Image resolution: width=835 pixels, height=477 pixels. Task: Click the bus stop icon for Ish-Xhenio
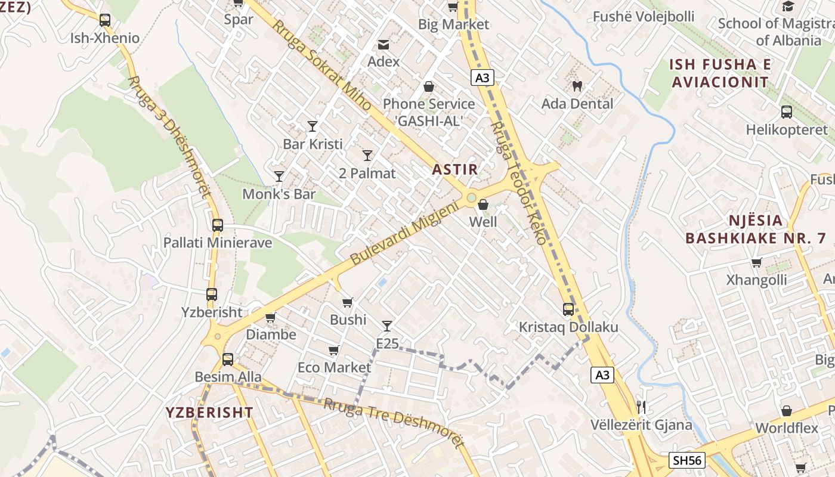click(105, 20)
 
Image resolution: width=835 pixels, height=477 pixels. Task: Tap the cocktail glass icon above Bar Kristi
click(313, 126)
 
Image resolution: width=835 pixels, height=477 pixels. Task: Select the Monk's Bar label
click(279, 194)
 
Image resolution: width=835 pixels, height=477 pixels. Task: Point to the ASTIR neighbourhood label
click(455, 169)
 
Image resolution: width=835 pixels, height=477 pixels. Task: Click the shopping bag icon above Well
click(483, 205)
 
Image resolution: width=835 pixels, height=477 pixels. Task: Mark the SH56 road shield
click(687, 460)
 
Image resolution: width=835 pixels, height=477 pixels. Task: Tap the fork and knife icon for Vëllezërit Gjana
click(641, 407)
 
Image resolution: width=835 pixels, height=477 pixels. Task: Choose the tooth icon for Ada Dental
click(577, 86)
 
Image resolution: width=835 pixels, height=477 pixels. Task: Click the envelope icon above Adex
click(383, 45)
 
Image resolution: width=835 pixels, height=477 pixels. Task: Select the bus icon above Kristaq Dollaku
click(568, 309)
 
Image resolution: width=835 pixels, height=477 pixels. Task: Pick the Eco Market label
click(334, 367)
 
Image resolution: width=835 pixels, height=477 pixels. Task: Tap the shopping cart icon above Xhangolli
click(756, 262)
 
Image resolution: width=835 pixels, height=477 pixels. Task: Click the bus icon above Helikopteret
click(787, 112)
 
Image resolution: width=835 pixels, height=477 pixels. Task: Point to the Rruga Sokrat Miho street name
click(321, 66)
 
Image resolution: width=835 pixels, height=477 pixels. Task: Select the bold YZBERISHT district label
click(209, 413)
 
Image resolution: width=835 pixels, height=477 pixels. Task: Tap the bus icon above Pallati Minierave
click(218, 225)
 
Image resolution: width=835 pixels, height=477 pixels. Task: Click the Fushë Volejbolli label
click(644, 17)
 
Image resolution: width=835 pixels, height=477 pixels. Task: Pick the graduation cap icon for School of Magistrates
click(788, 7)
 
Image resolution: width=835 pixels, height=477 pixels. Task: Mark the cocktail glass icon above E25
click(387, 326)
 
